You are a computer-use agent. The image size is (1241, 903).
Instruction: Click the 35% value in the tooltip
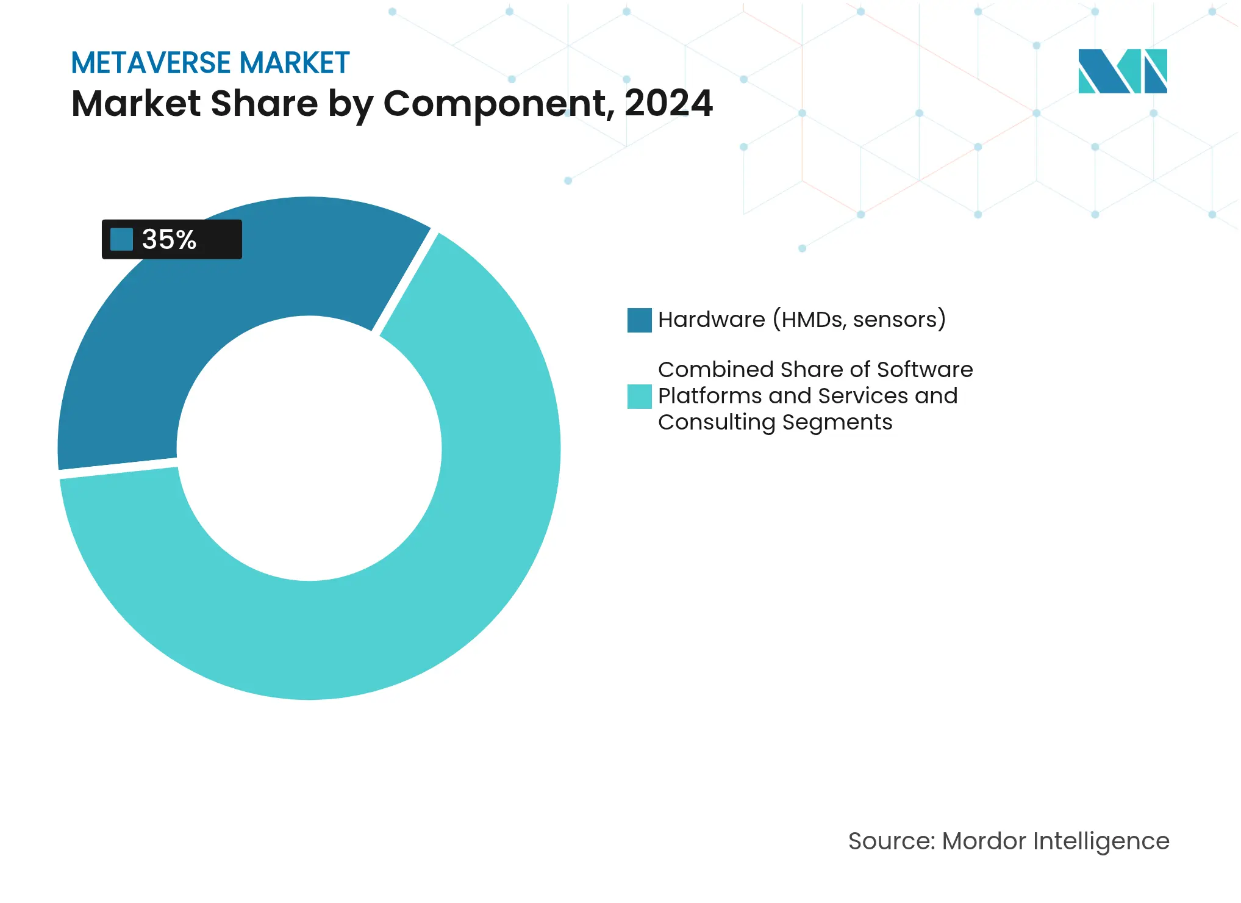point(169,239)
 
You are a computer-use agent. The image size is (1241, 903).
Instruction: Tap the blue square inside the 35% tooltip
point(121,239)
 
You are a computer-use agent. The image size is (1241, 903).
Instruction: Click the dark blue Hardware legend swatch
point(639,320)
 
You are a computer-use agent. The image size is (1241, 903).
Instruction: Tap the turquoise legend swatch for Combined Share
point(639,397)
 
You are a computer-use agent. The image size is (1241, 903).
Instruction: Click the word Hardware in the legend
point(711,320)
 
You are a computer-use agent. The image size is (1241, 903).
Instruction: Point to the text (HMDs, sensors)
point(859,320)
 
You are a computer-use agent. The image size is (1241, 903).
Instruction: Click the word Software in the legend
point(924,370)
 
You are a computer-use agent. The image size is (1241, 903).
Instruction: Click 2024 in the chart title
point(668,103)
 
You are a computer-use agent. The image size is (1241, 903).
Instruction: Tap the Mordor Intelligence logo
point(1122,71)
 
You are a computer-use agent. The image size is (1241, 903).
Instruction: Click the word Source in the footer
point(891,841)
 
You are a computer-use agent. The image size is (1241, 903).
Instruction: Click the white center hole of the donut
point(309,448)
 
